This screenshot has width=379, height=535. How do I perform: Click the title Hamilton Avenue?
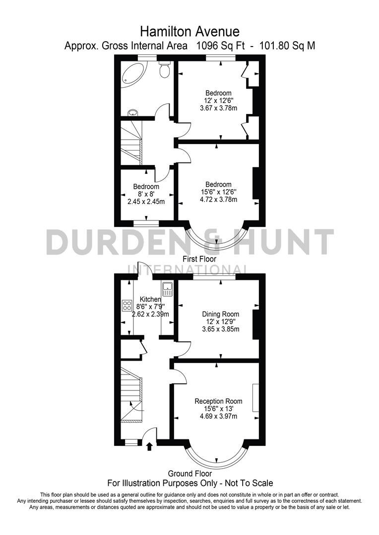(x=189, y=32)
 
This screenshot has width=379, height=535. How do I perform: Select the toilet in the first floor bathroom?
(x=165, y=70)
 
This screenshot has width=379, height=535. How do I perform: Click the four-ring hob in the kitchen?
(x=126, y=306)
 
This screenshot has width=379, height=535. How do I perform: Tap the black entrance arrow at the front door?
(x=150, y=447)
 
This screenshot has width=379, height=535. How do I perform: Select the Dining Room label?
(x=220, y=314)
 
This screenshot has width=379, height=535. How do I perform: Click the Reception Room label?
(x=218, y=401)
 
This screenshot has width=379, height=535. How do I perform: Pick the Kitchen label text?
(x=150, y=299)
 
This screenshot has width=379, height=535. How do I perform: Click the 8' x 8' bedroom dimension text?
(x=146, y=194)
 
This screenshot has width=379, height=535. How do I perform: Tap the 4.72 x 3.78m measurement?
(x=218, y=200)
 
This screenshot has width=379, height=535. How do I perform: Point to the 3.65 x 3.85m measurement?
(x=220, y=329)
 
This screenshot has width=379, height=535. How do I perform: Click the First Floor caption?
(x=199, y=259)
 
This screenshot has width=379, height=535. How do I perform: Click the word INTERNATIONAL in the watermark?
(x=188, y=270)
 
